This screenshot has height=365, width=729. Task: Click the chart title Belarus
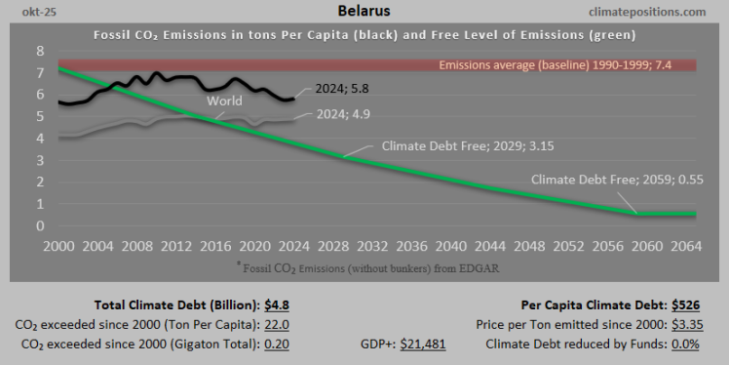coord(364,12)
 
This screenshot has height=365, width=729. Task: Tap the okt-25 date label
coord(27,12)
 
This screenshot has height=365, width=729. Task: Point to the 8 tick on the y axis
coord(40,51)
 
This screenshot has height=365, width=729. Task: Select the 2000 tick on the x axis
coord(58,245)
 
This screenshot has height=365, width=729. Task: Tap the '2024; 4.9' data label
coord(342,115)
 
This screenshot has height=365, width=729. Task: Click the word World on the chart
coord(223,101)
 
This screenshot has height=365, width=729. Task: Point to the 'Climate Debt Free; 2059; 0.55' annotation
coord(611,180)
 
